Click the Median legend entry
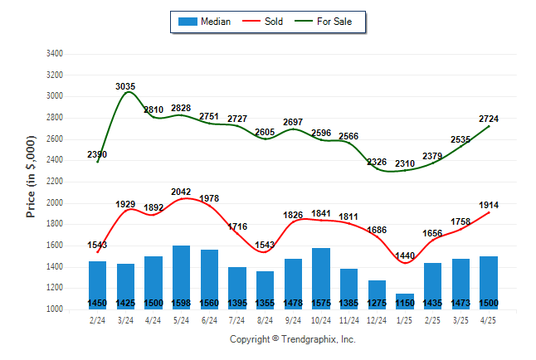(205, 22)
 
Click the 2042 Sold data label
(182, 192)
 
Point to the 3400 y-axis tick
(53, 54)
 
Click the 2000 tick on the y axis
(53, 203)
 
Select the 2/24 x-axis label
(97, 319)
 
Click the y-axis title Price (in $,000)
(31, 181)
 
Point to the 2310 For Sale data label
(405, 163)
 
